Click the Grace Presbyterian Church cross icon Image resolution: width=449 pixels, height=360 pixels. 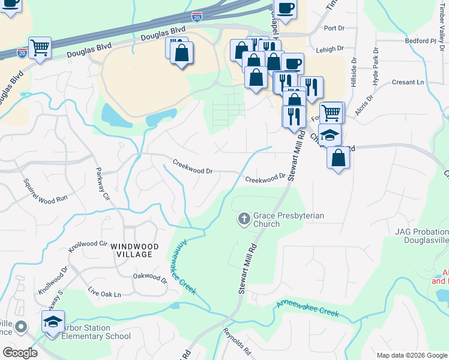pos(244,219)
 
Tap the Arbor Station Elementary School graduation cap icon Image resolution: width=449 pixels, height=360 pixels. pos(53,322)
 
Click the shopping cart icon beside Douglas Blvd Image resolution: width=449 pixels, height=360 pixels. pos(40,47)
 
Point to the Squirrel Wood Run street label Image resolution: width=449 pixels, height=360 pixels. pos(43,190)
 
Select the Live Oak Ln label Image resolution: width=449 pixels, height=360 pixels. pos(104,293)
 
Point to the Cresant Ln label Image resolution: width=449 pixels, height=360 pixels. pos(408,82)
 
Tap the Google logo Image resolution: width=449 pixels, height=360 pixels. pos(20,352)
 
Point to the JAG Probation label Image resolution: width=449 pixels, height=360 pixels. pos(421,232)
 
